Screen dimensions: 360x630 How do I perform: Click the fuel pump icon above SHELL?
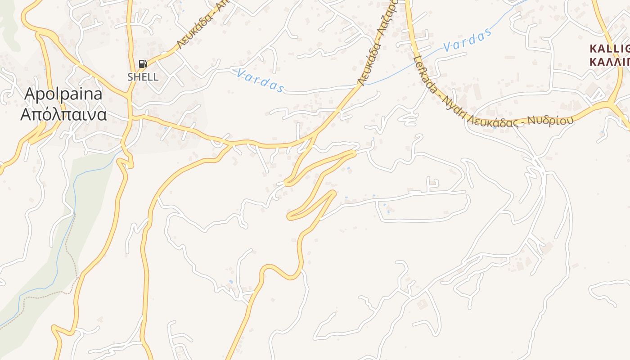click(143, 64)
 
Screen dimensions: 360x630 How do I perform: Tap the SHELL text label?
click(143, 77)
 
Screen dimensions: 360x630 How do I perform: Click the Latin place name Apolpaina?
click(63, 94)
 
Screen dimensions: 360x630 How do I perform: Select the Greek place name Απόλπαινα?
click(63, 115)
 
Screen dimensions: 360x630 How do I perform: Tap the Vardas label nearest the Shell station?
click(260, 80)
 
